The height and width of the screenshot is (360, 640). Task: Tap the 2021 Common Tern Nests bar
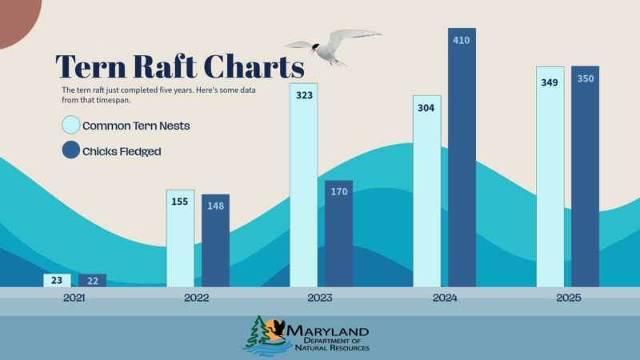57,280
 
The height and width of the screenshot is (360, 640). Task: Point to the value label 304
426,108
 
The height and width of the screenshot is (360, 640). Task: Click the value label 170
338,192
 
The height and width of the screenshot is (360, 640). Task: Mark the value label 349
550,82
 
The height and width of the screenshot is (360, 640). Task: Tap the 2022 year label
196,298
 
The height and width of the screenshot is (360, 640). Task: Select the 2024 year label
444,298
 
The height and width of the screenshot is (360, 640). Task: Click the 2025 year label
567,298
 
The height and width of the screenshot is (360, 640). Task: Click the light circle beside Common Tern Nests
71,126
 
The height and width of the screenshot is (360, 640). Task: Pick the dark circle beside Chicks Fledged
71,150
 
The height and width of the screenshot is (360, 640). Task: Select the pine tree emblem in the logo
257,331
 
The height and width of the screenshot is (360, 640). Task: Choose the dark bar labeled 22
92,280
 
